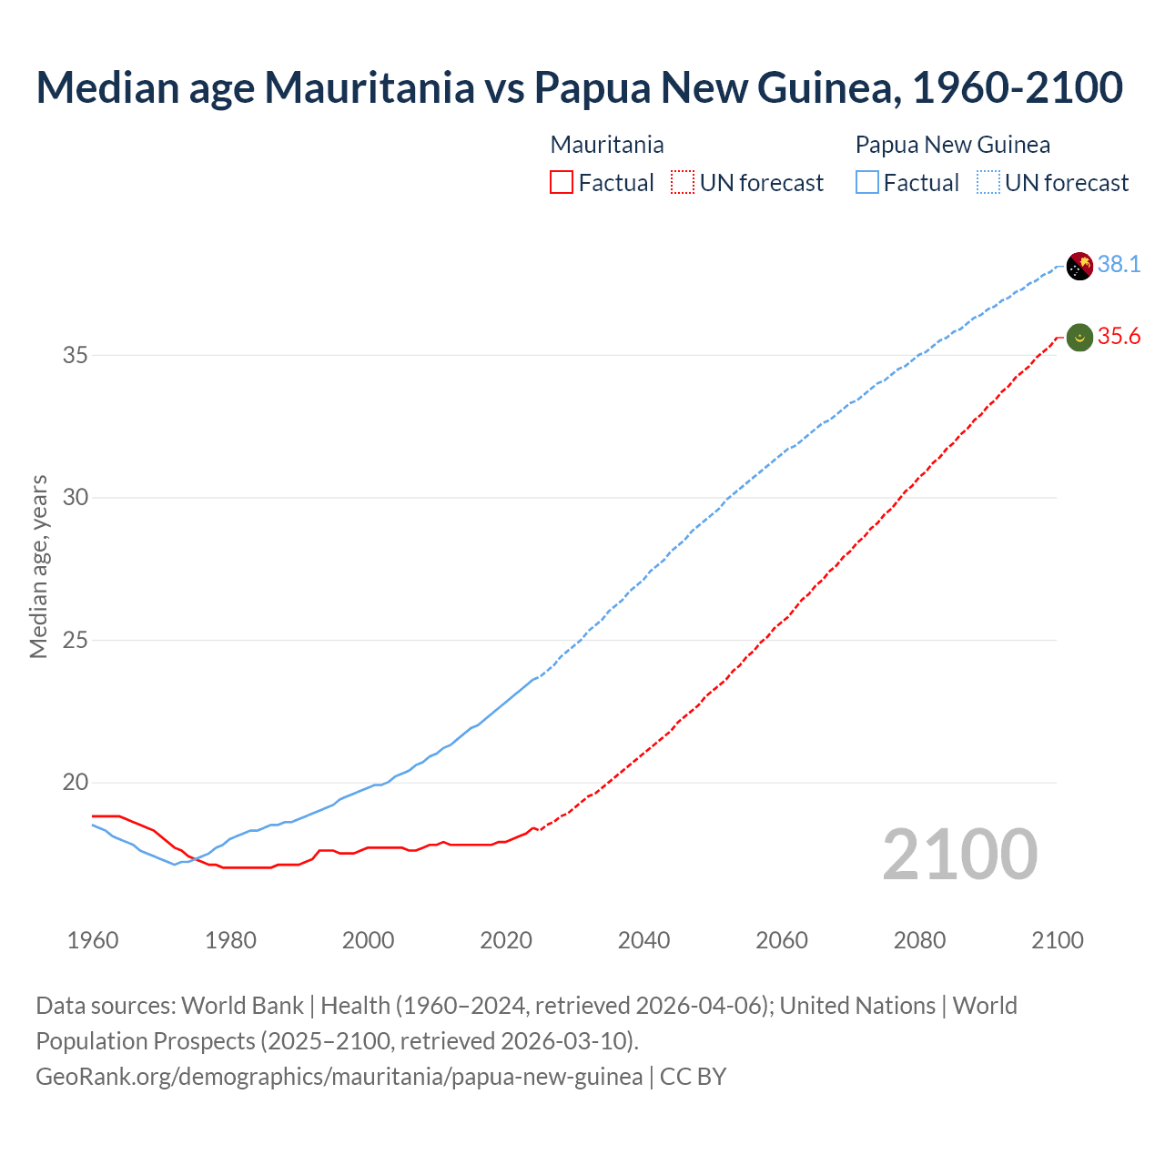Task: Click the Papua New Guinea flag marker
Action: click(x=1079, y=266)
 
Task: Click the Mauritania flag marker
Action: click(x=1079, y=338)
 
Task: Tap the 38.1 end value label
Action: click(x=1119, y=265)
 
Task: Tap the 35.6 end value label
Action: click(x=1119, y=337)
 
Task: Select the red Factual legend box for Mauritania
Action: click(x=562, y=183)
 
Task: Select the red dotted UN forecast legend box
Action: click(x=683, y=183)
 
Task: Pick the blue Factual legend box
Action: click(x=867, y=183)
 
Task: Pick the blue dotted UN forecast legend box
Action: click(x=988, y=183)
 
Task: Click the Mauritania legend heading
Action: click(x=607, y=145)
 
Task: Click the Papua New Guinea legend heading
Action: click(x=952, y=145)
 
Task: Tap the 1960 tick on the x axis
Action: click(x=93, y=940)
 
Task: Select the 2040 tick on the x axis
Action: click(x=643, y=940)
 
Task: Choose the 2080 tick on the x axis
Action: click(x=919, y=940)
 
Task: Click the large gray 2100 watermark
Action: click(x=959, y=854)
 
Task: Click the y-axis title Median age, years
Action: click(x=38, y=566)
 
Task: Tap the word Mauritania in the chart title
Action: click(x=370, y=87)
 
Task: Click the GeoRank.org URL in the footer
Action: click(x=339, y=1077)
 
